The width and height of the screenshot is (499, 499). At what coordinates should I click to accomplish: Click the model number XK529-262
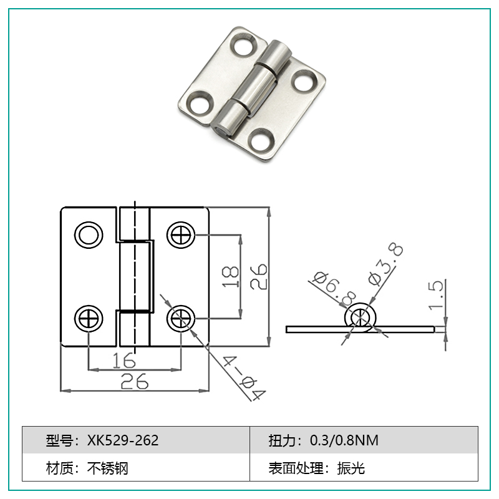pyautogui.click(x=123, y=440)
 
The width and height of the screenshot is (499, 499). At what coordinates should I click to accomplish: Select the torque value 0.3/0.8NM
pyautogui.click(x=344, y=440)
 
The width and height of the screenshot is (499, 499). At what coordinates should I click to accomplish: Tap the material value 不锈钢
pyautogui.click(x=107, y=468)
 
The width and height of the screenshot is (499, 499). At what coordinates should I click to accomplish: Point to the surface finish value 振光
pyautogui.click(x=351, y=468)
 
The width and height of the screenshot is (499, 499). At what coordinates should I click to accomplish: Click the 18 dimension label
pyautogui.click(x=230, y=277)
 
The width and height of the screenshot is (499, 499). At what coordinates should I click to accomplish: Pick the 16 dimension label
pyautogui.click(x=124, y=361)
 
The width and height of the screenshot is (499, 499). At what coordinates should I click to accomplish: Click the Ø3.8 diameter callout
pyautogui.click(x=385, y=263)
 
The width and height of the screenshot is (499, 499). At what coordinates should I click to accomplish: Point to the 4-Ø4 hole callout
pyautogui.click(x=244, y=378)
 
